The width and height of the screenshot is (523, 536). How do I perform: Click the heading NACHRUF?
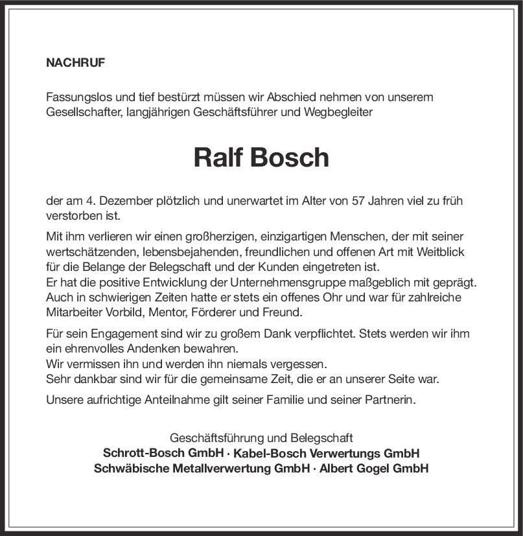point(75,63)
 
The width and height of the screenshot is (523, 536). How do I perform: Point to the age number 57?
point(357,201)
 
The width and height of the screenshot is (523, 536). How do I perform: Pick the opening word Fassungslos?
point(78,97)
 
